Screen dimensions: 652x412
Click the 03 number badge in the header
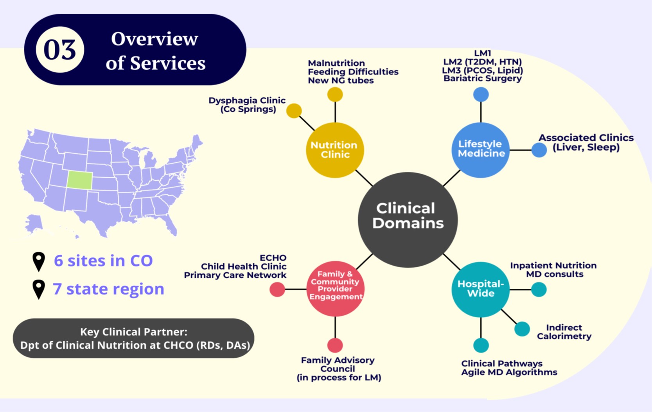click(x=60, y=50)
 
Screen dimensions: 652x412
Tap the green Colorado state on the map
click(x=79, y=180)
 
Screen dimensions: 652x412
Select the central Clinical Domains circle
click(x=408, y=220)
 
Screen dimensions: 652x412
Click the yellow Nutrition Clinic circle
click(x=335, y=150)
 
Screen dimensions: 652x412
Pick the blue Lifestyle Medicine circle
click(x=481, y=150)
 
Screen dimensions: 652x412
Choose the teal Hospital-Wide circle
click(x=481, y=290)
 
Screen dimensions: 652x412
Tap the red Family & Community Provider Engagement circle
click(x=335, y=288)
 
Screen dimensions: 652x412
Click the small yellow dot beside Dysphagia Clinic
click(x=294, y=111)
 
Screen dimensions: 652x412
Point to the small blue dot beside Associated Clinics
click(x=539, y=150)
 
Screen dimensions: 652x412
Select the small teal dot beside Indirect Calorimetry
click(x=522, y=329)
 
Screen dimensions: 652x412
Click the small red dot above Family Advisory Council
click(x=335, y=345)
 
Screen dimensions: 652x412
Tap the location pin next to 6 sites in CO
click(x=39, y=262)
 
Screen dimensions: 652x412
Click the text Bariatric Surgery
click(x=483, y=78)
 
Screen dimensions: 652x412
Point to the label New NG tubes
click(x=341, y=80)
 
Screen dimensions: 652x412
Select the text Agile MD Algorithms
click(x=509, y=372)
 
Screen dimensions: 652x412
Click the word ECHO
click(x=273, y=258)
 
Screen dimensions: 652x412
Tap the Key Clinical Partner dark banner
click(x=134, y=338)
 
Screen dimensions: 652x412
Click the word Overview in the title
click(x=154, y=39)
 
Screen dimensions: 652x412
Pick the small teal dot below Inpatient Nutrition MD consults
click(x=539, y=290)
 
